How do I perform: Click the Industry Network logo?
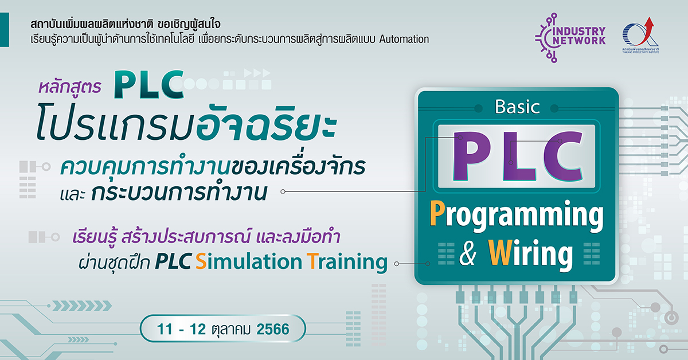[x=570, y=37]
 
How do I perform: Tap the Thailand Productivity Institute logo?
[x=640, y=36]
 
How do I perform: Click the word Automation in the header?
[x=404, y=40]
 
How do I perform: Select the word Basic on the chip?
[x=517, y=107]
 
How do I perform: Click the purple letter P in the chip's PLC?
[x=470, y=156]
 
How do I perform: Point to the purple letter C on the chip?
[x=562, y=156]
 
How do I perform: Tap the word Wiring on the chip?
[x=530, y=254]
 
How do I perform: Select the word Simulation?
[x=249, y=261]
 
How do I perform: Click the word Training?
[x=347, y=262]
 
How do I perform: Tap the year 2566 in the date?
[x=273, y=329]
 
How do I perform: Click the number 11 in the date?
[x=165, y=329]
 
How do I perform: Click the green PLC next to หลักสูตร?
[x=149, y=84]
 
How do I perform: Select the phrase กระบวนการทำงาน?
[x=179, y=193]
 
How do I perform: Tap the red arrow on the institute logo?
[x=648, y=28]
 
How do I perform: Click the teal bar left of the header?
[x=5, y=30]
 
